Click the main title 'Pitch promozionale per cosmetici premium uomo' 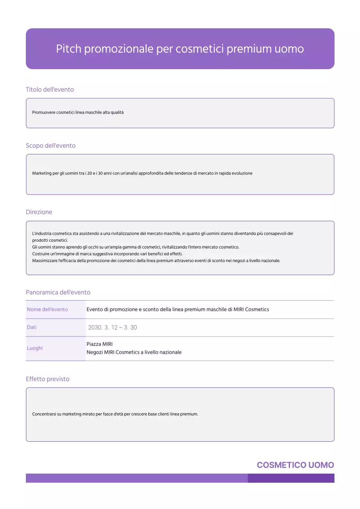[180, 49]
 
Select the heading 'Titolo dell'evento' [50, 89]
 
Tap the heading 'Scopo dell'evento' [51, 146]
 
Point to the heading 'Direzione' [39, 212]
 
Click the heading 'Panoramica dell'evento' [58, 292]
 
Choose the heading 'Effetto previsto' [47, 379]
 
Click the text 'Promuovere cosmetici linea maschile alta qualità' [78, 113]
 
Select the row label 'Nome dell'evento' [47, 309]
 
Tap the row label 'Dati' [32, 327]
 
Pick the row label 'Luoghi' [35, 348]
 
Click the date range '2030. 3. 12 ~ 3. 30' [113, 328]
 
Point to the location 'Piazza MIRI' [99, 344]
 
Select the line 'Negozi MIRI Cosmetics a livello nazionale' [134, 352]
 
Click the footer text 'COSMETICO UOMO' [295, 465]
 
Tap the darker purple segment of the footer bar [291, 478]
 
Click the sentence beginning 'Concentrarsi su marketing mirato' [115, 414]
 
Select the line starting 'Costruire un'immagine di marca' [107, 254]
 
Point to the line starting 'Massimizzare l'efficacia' [156, 260]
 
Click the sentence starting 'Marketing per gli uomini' [142, 173]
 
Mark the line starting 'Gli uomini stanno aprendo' [136, 247]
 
